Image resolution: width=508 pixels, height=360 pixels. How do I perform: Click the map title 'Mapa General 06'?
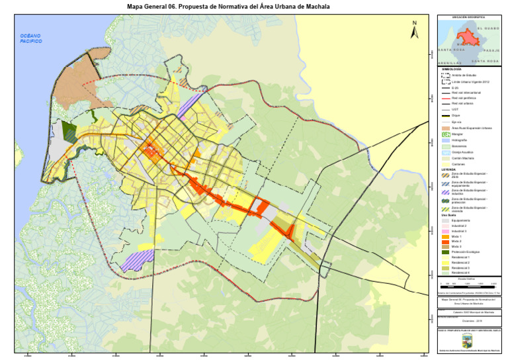(228, 6)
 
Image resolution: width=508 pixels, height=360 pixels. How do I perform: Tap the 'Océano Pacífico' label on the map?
(30, 38)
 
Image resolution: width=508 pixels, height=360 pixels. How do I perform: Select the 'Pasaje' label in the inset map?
(491, 50)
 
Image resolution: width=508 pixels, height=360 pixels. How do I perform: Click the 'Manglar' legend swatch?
(445, 134)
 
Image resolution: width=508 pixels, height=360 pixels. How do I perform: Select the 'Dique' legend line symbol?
(445, 115)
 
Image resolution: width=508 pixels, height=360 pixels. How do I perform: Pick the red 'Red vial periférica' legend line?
(445, 99)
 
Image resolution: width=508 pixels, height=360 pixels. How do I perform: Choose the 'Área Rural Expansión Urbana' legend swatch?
(445, 128)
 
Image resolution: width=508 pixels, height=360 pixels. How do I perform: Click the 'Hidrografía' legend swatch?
(445, 141)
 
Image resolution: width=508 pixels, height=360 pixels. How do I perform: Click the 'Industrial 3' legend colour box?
(445, 231)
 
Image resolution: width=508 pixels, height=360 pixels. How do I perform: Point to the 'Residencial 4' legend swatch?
(445, 273)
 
